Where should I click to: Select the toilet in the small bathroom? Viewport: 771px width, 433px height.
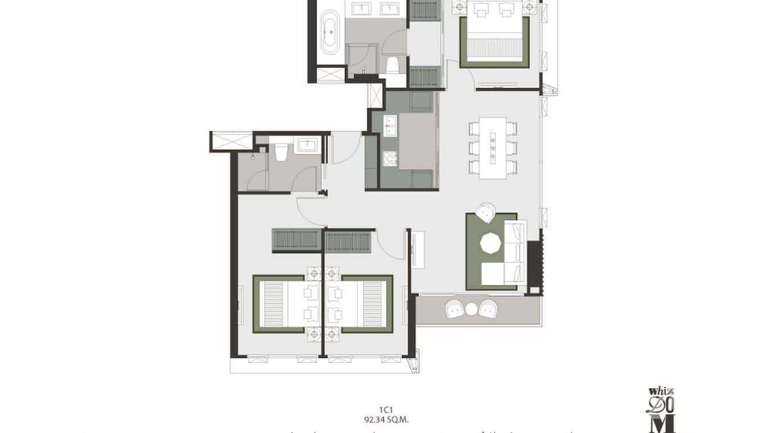pos(280,153)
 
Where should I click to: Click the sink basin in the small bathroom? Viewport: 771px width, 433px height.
pos(306,144)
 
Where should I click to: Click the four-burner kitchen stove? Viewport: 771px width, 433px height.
pos(390,157)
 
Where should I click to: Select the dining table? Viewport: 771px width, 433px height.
pos(493,148)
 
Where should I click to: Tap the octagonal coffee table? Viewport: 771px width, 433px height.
pos(492,244)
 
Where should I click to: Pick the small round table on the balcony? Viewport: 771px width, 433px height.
pos(471,309)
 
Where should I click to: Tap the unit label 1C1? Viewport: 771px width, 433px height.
pos(385,410)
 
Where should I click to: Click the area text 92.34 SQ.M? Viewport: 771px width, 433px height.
pos(385,419)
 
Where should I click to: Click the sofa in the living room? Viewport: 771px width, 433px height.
pos(514,253)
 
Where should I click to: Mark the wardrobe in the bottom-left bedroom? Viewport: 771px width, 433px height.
pos(296,240)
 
